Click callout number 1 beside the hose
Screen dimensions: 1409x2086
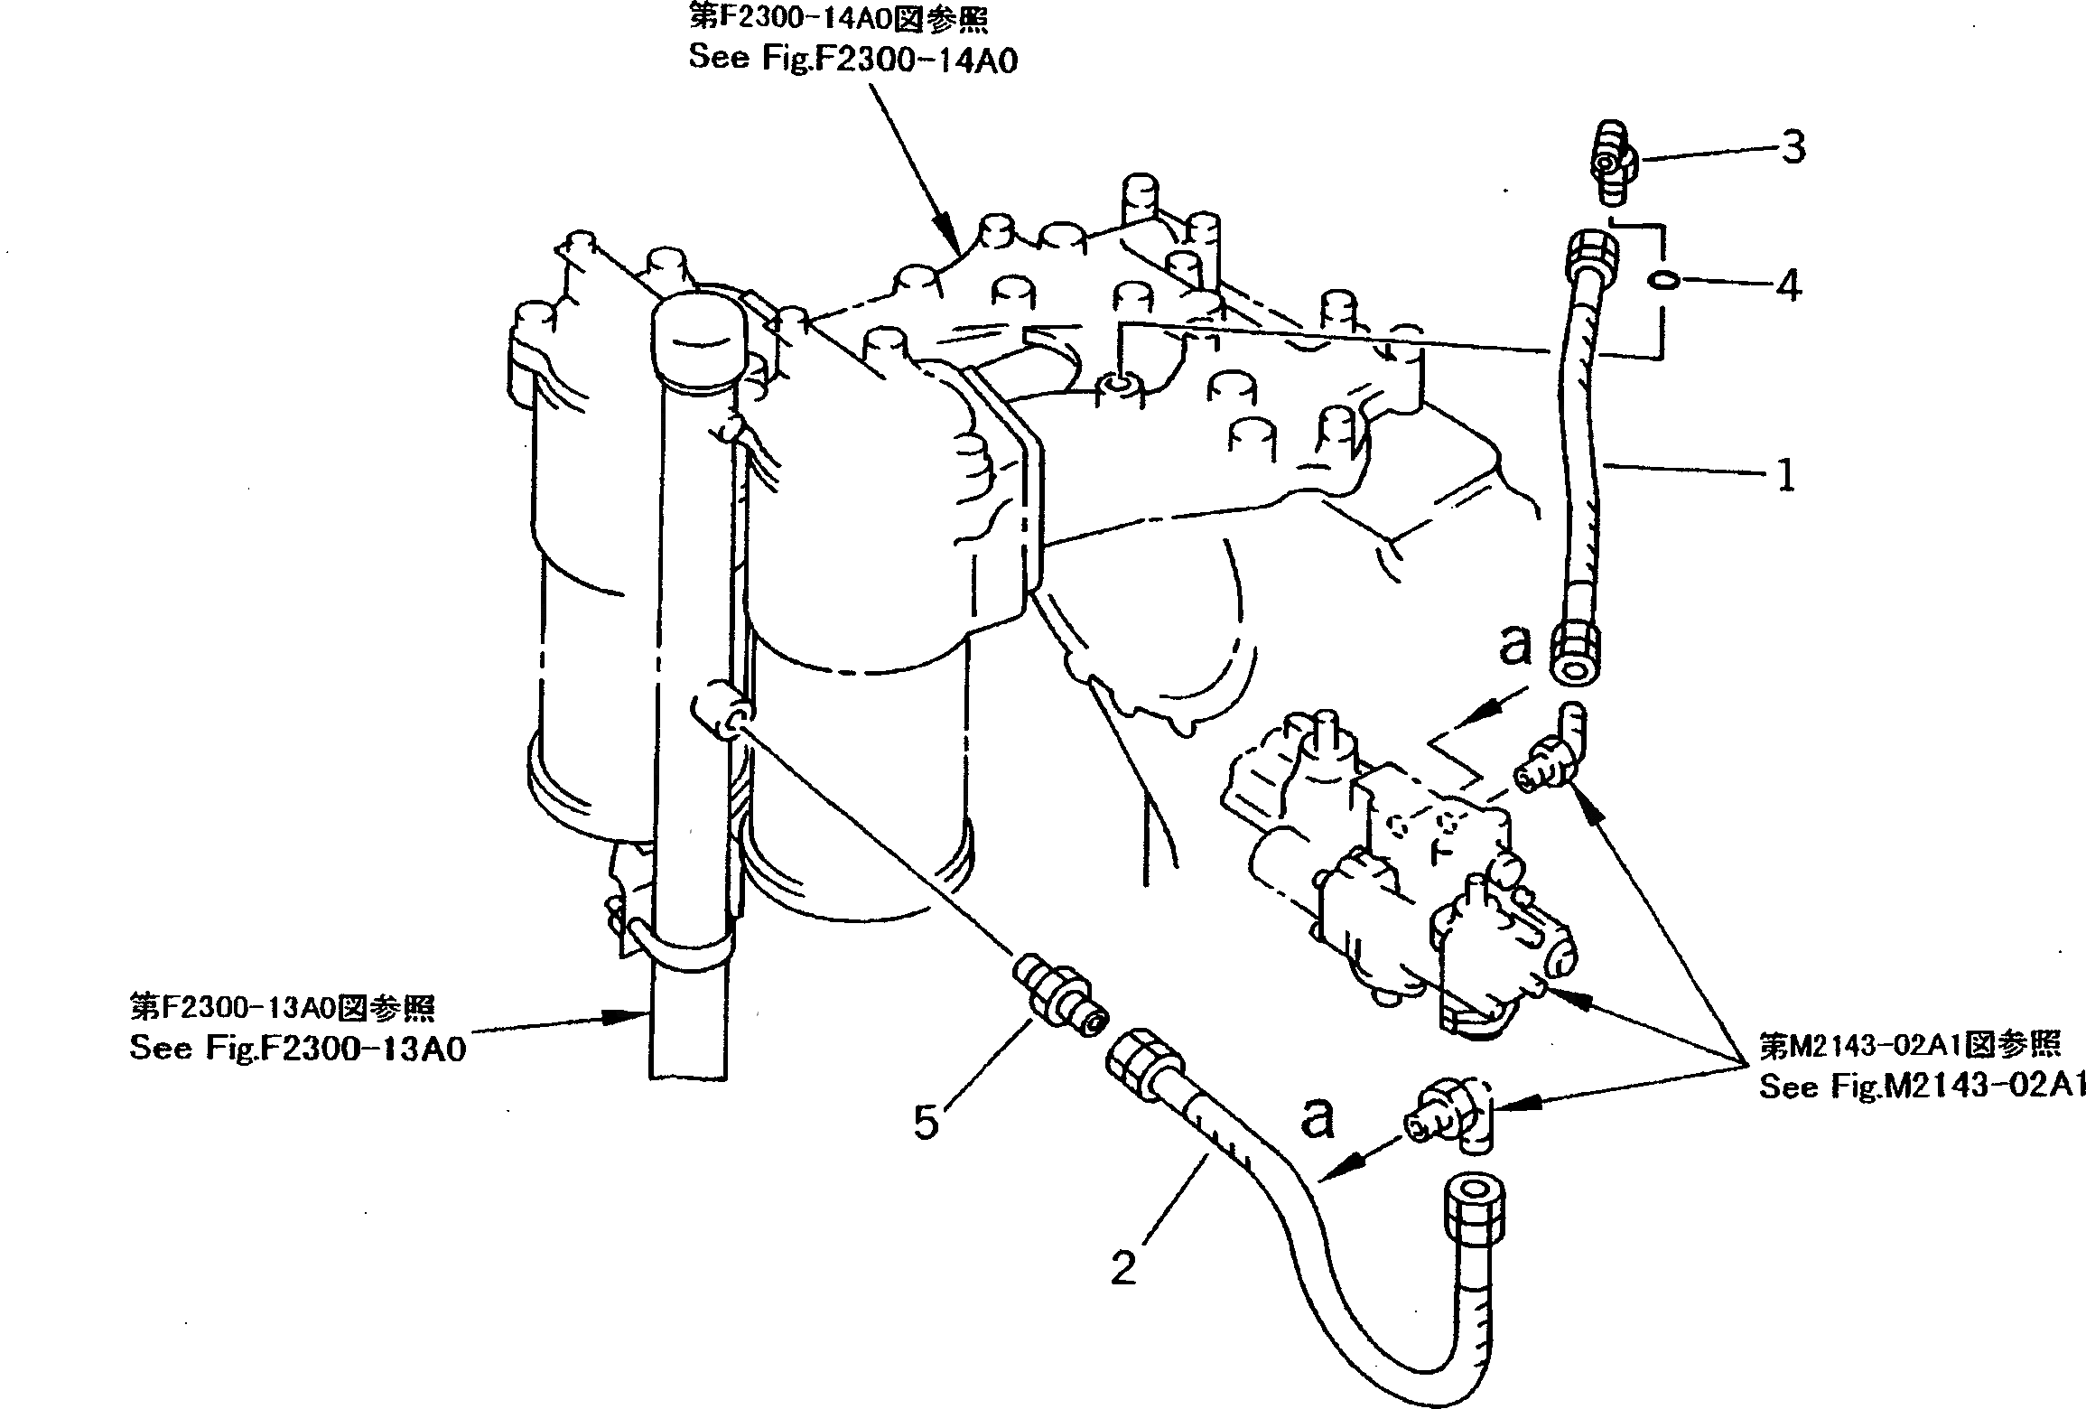tap(1785, 474)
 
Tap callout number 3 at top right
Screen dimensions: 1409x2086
tap(1792, 147)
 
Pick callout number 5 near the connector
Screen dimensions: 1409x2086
tap(927, 1123)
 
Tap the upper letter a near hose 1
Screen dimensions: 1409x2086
tap(1516, 645)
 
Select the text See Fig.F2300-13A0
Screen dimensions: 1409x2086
tap(297, 1049)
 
